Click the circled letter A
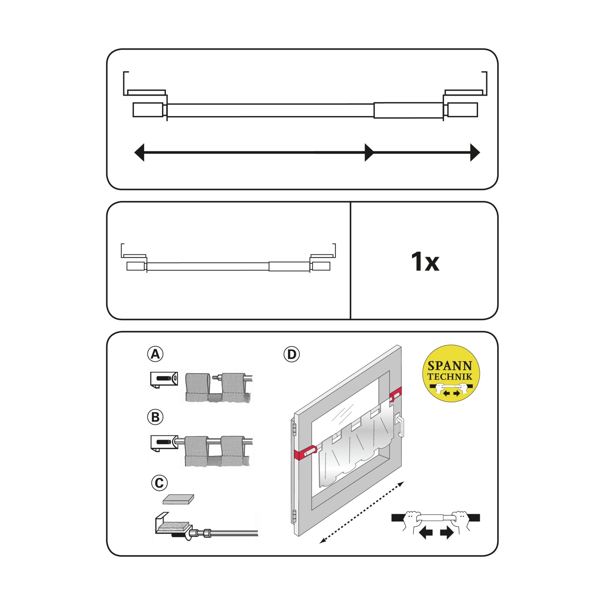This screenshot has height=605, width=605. [x=155, y=354]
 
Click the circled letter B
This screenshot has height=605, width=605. [x=155, y=417]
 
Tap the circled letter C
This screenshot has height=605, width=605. [x=159, y=483]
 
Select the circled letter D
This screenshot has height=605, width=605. [x=292, y=354]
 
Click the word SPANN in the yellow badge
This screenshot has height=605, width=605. [x=450, y=366]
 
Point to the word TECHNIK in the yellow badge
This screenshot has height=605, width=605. [x=450, y=377]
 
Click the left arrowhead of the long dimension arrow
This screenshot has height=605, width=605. [x=140, y=152]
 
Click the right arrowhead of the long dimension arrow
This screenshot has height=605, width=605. [x=475, y=152]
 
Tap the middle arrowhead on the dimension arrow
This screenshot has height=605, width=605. [x=369, y=152]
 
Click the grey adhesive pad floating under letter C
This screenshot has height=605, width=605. [x=178, y=499]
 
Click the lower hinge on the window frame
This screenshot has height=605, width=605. [x=294, y=516]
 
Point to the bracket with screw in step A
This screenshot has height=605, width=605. [x=164, y=379]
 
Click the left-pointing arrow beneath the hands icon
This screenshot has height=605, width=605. [x=426, y=533]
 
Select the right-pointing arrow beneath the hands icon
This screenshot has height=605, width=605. [x=447, y=533]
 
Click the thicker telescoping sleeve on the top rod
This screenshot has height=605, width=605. [x=408, y=110]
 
